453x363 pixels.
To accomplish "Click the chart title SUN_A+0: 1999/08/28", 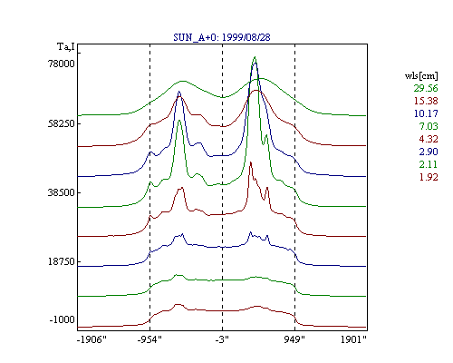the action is pos(222,37).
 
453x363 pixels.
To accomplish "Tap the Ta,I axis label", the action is pos(66,47).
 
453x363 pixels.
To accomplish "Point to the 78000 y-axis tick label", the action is pos(61,64).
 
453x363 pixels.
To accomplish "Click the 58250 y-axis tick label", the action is pos(61,123).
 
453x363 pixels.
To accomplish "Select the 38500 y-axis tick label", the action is pos(61,192).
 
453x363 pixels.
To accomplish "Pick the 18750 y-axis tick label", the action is pos(61,261).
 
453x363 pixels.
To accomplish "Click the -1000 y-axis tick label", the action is pos(62,319).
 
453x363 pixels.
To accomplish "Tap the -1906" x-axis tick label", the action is pos(92,339).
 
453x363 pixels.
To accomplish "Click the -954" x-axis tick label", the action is pos(149,339).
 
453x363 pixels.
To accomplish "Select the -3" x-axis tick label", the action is pos(222,339).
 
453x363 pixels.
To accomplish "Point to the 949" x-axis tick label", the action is pos(294,339).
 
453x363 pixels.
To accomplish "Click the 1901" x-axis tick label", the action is pos(353,339).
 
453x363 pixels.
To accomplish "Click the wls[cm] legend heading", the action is pos(421,75).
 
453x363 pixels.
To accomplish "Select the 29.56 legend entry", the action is pos(426,88).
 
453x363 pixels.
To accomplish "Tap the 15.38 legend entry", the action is pos(426,101).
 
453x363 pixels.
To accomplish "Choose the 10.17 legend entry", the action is pos(426,113).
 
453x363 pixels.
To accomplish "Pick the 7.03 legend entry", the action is pos(429,126).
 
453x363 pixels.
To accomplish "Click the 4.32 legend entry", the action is pos(429,139).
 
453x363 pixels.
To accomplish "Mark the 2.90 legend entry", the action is pos(429,152).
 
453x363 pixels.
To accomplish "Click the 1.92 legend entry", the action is pos(429,177).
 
